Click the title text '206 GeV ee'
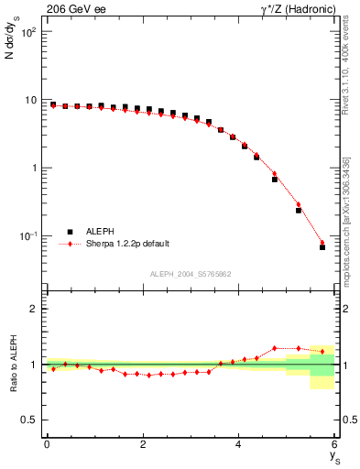pos(71,9)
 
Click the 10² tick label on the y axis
pos(27,32)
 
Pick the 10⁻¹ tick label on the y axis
pos(27,236)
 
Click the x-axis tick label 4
pos(239,444)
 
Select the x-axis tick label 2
pos(143,444)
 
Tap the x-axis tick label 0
pos(47,444)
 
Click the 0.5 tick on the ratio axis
pos(29,420)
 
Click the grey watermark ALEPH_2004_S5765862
pos(190,274)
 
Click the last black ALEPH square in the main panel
pos(322,247)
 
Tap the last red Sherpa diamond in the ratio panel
pos(322,351)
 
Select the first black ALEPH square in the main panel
pos(53,104)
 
